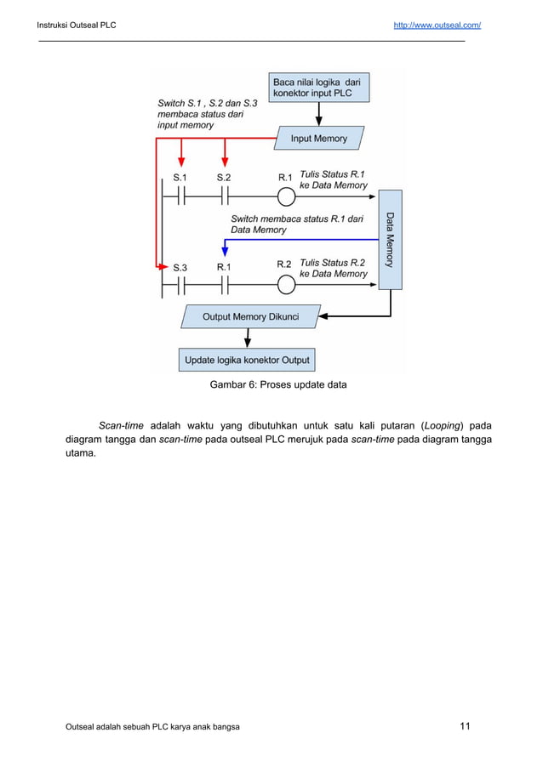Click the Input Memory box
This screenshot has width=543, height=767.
pyautogui.click(x=319, y=138)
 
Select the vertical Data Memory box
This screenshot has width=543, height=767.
pyautogui.click(x=390, y=240)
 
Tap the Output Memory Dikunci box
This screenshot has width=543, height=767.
pyautogui.click(x=250, y=317)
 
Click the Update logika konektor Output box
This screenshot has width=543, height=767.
pyautogui.click(x=247, y=360)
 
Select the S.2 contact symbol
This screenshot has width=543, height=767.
pyautogui.click(x=225, y=196)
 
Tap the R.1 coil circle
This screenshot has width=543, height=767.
pyautogui.click(x=287, y=196)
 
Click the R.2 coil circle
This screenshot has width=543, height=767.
pyautogui.click(x=287, y=286)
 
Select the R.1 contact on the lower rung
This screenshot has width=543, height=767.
pyautogui.click(x=225, y=286)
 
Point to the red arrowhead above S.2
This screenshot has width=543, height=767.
pyautogui.click(x=225, y=164)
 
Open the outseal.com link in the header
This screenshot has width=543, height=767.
pyautogui.click(x=437, y=25)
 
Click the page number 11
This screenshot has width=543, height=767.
pyautogui.click(x=465, y=725)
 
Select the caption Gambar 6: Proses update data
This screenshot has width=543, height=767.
pyautogui.click(x=278, y=384)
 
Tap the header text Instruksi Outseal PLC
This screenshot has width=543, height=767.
pyautogui.click(x=77, y=25)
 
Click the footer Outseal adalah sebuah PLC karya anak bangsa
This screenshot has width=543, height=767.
pyautogui.click(x=152, y=727)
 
